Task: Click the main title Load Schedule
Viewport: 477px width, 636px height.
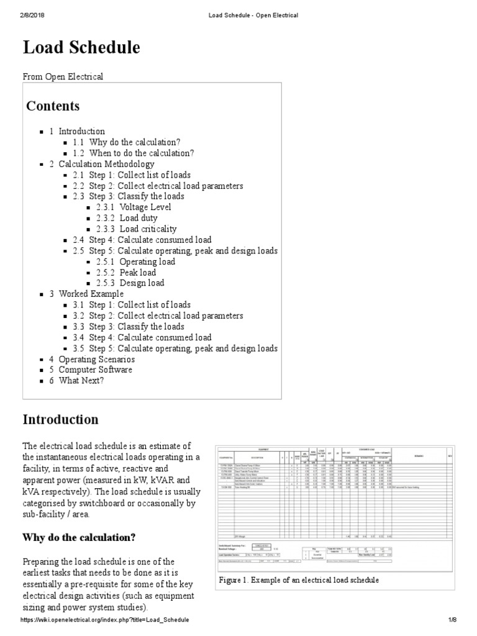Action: tap(81, 48)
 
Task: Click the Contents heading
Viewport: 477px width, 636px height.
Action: tap(53, 106)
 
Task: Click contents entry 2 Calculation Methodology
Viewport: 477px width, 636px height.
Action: tap(106, 164)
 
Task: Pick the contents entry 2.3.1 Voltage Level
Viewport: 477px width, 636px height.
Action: tap(145, 207)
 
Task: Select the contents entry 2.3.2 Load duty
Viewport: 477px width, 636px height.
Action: tap(139, 218)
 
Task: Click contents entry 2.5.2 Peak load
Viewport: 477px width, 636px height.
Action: tap(138, 273)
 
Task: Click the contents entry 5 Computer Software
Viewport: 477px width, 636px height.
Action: tap(95, 370)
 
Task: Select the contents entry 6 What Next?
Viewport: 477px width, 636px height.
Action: tap(81, 381)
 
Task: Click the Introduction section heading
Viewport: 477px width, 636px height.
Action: tap(61, 419)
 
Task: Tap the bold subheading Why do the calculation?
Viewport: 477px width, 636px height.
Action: tap(79, 537)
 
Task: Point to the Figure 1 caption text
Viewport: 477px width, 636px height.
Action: tap(299, 580)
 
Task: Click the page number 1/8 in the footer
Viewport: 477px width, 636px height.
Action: tap(452, 620)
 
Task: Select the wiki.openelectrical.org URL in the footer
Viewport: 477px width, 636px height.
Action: tap(105, 620)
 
